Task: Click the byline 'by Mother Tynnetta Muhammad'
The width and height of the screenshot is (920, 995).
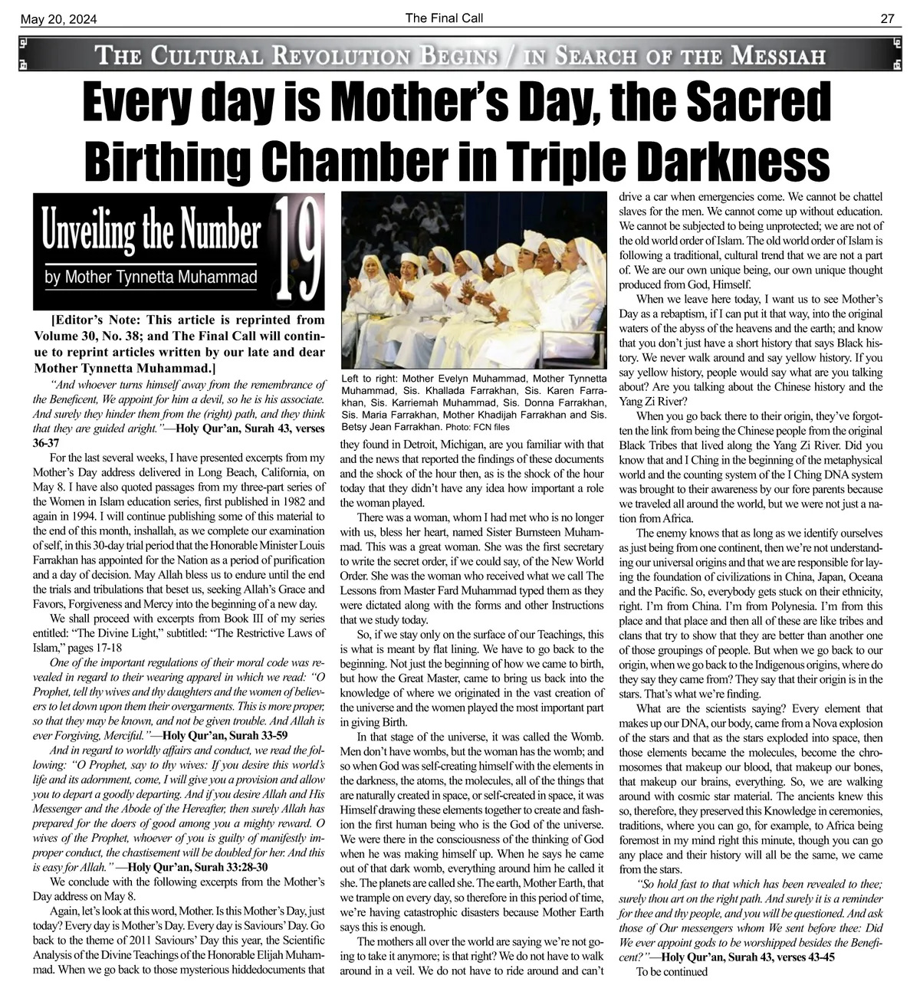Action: pyautogui.click(x=150, y=277)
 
